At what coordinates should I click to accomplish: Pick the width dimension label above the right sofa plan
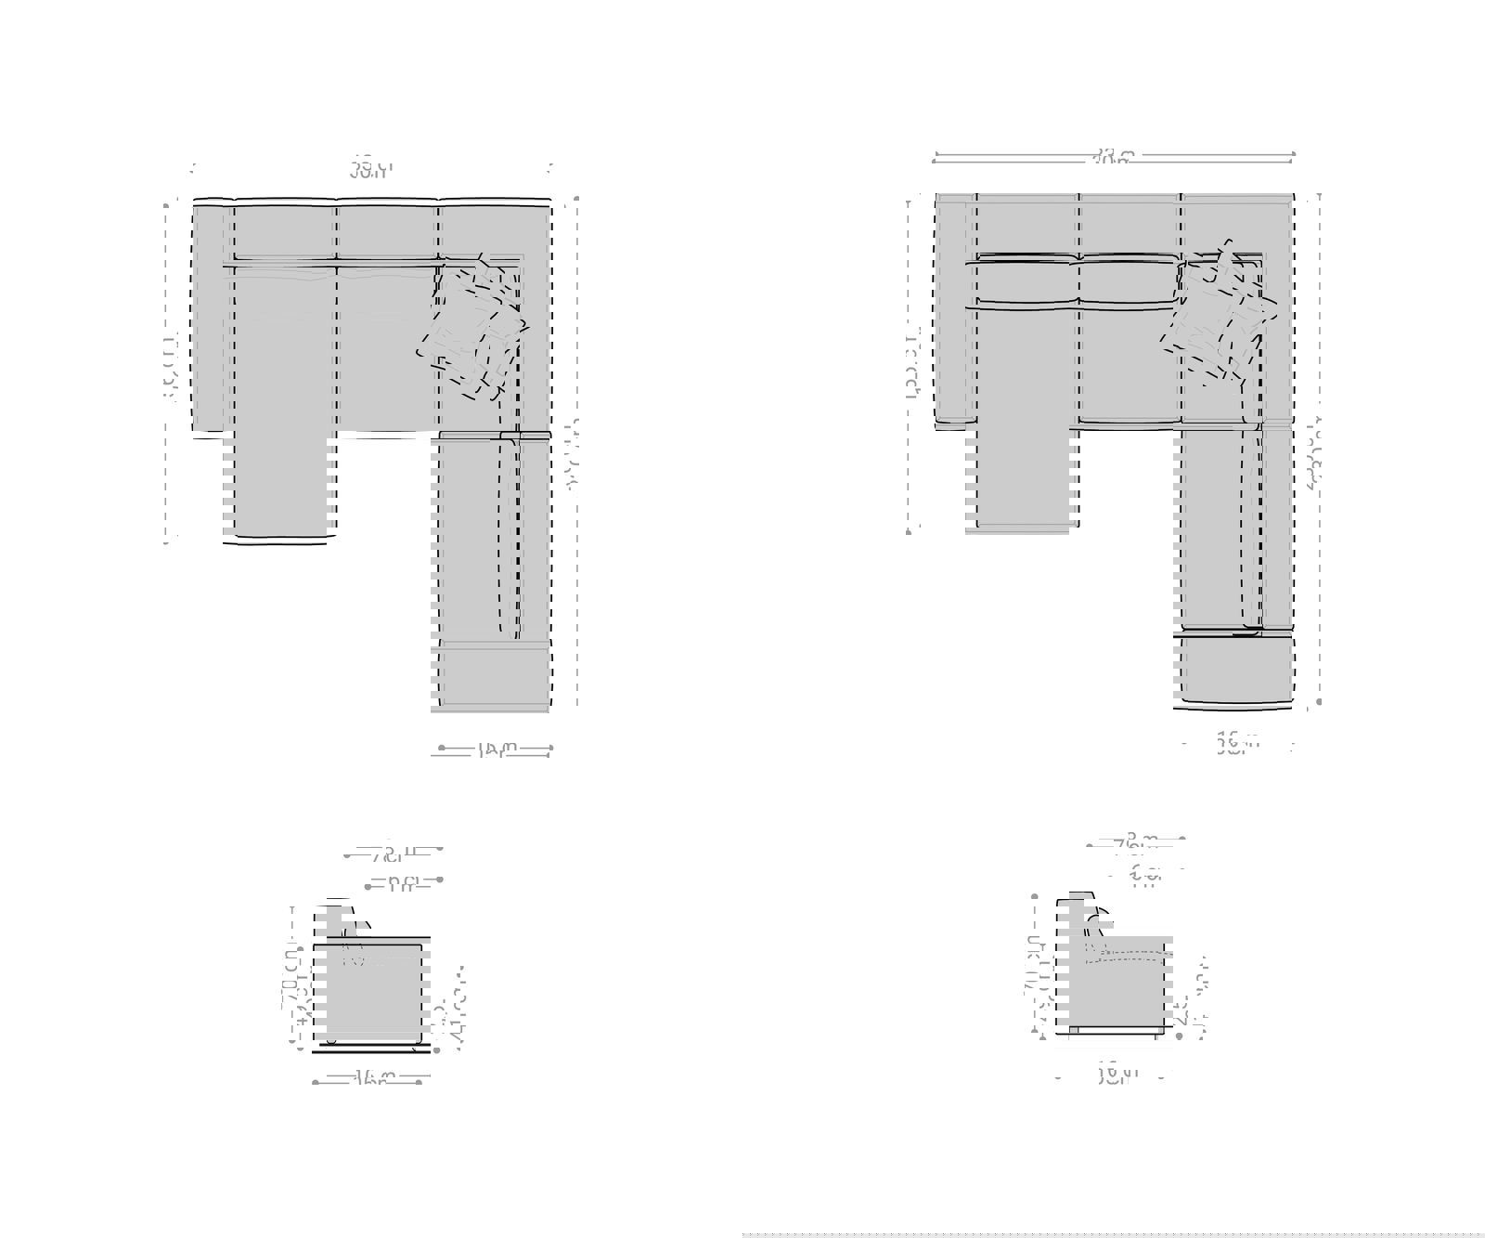click(x=1112, y=158)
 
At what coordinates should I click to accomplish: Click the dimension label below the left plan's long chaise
click(x=496, y=749)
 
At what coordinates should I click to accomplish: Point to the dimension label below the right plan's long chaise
click(x=1238, y=743)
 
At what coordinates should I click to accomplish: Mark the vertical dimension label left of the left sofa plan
click(x=170, y=370)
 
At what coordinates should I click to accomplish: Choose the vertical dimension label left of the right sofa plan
click(x=912, y=362)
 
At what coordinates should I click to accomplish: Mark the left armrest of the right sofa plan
click(x=952, y=308)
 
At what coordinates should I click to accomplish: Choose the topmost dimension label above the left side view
click(x=394, y=851)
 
